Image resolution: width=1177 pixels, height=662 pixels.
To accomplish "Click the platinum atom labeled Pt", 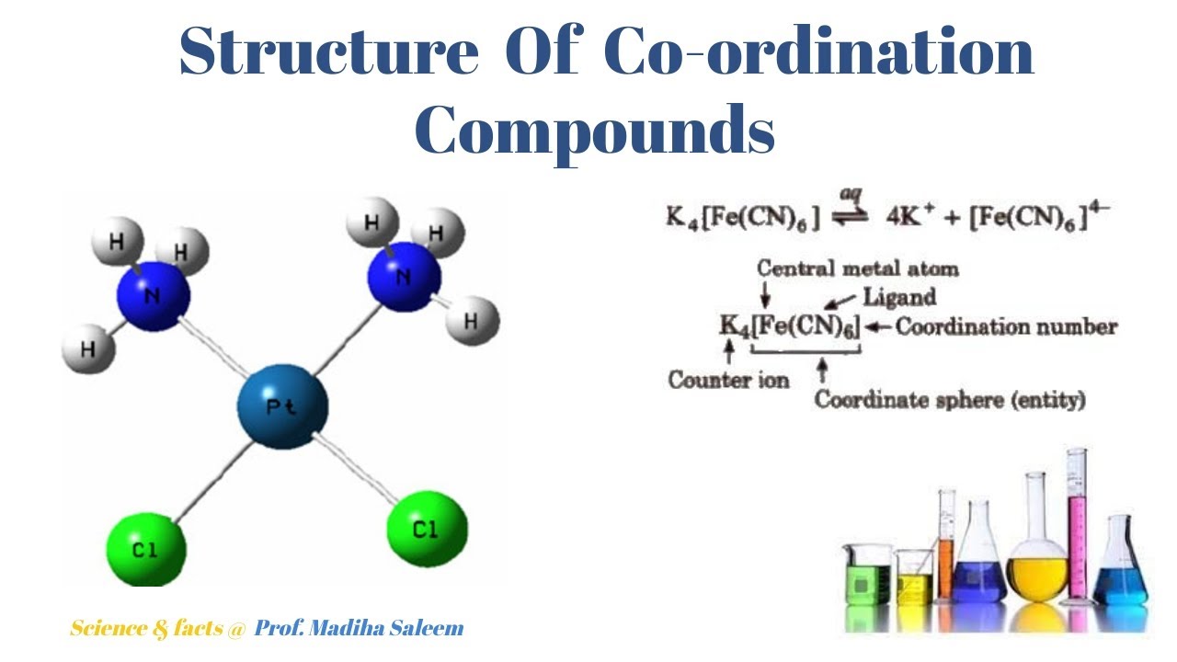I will tap(282, 405).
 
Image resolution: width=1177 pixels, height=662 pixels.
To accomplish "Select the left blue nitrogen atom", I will tap(153, 297).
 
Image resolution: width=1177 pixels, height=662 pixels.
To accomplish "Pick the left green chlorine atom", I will tap(145, 550).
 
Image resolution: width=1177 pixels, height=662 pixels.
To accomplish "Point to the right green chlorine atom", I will tap(426, 529).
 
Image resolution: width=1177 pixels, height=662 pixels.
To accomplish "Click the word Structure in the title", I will tap(329, 51).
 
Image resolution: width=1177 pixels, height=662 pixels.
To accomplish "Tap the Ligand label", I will tap(899, 297).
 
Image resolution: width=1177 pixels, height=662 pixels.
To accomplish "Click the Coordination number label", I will tap(1006, 326).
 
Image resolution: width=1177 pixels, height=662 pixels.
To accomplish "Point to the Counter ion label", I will tap(728, 380).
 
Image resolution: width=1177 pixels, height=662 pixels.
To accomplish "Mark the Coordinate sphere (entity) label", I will tap(950, 400).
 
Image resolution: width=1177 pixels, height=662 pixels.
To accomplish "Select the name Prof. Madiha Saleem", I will tap(359, 629).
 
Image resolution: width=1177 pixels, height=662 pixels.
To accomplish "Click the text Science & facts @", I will tap(157, 629).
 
